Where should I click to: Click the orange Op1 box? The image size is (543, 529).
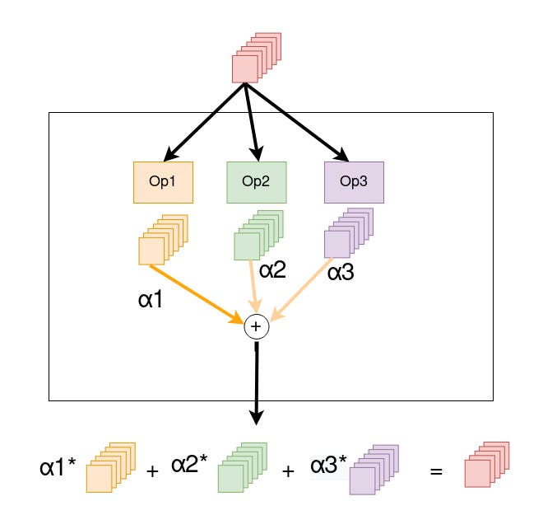tap(163, 182)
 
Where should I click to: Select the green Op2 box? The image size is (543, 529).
tap(257, 182)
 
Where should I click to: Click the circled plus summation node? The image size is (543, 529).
tap(257, 327)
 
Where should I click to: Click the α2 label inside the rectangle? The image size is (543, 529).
tap(273, 270)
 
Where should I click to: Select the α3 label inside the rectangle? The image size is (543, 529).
tap(341, 272)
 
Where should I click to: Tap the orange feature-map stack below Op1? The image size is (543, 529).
tap(163, 237)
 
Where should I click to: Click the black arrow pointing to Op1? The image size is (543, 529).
tap(206, 121)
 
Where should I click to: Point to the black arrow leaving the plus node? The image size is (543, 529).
tap(257, 383)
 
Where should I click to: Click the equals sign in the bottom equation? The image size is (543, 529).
tap(436, 472)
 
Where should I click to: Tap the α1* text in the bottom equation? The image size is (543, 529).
tap(58, 469)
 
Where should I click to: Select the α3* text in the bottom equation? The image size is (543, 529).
tap(329, 465)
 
